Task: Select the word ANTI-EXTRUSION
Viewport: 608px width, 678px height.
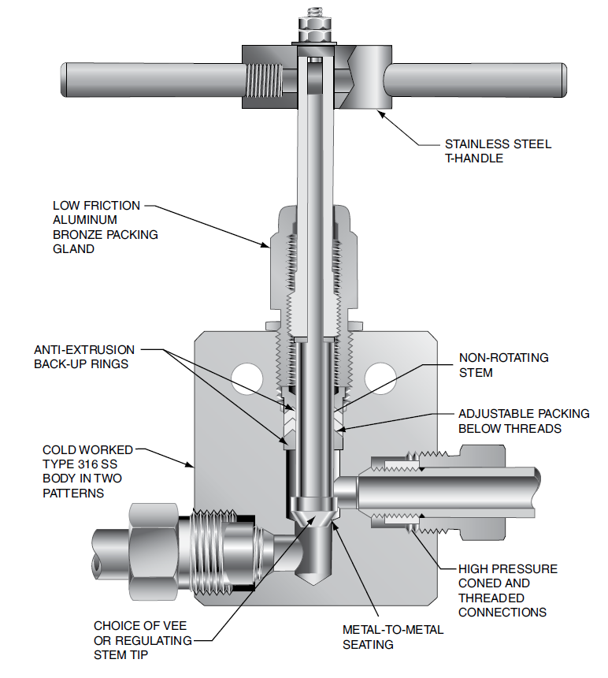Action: (x=84, y=349)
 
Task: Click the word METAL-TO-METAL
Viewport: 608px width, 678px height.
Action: (x=393, y=629)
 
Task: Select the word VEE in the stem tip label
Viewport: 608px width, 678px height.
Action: (x=179, y=627)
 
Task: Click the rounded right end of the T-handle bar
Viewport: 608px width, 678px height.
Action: (x=560, y=81)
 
